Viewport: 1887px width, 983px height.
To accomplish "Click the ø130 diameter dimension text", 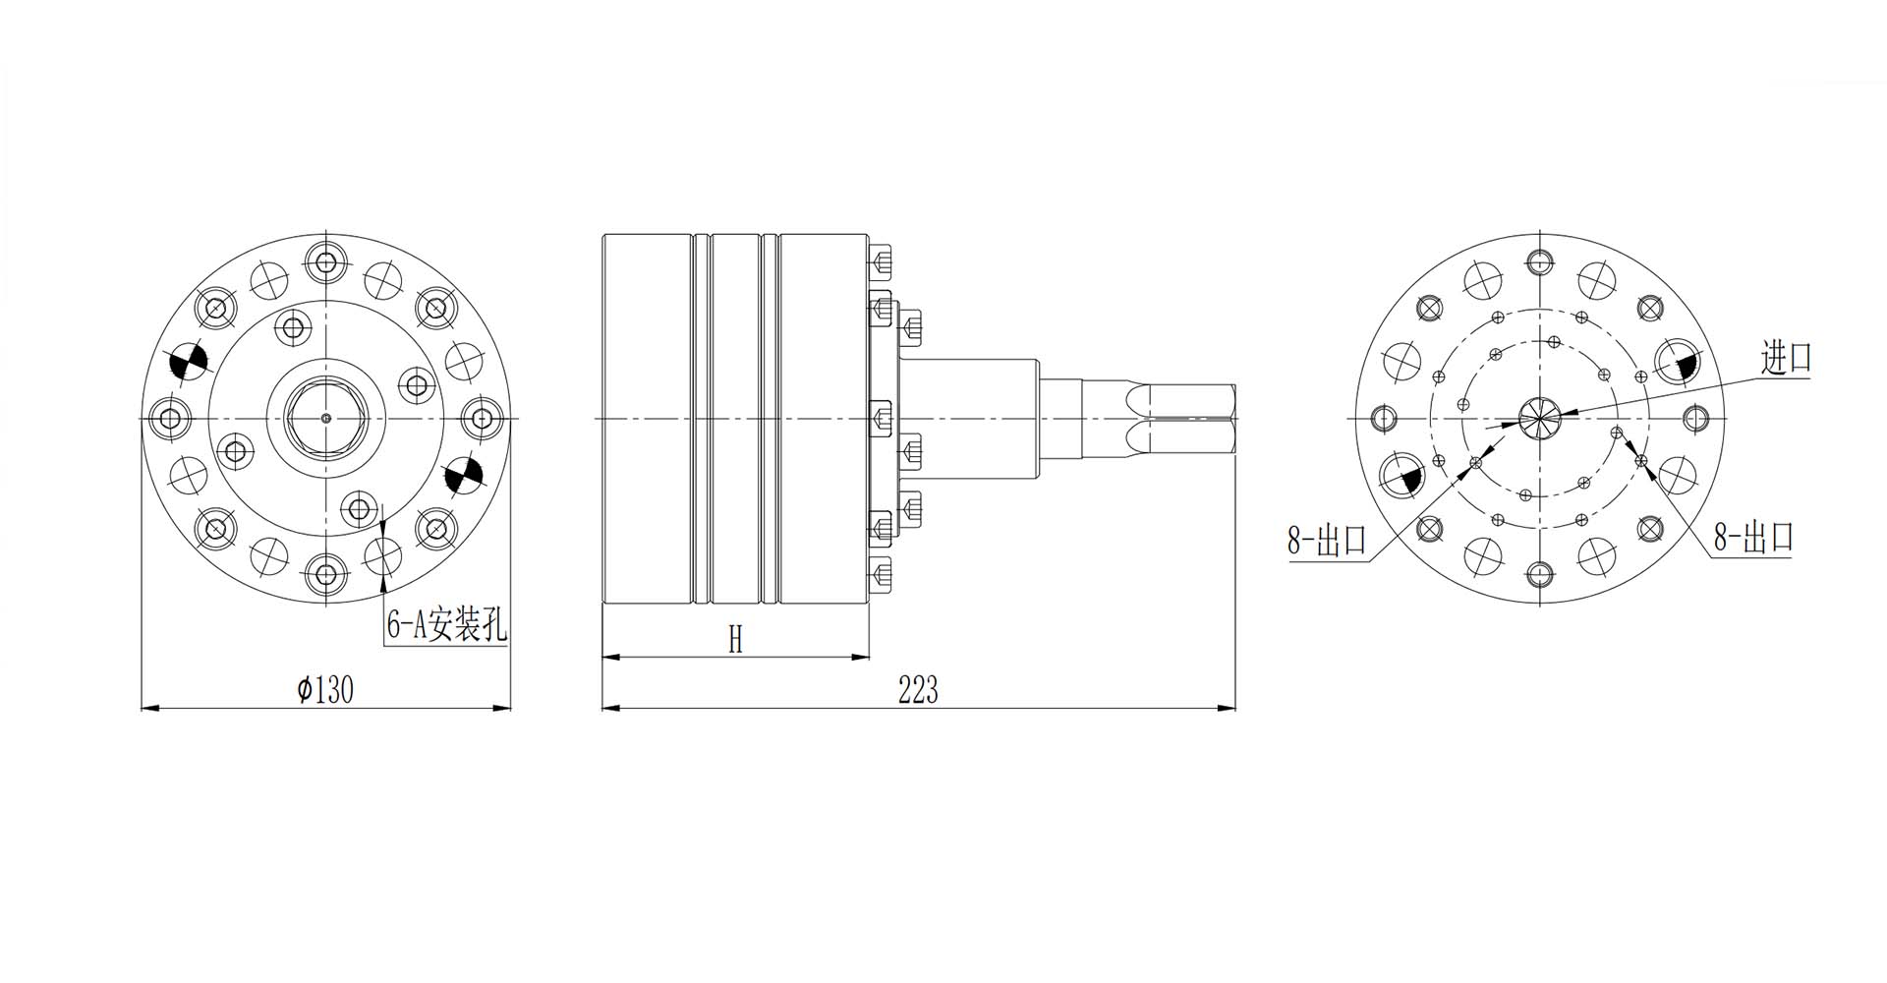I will tap(325, 690).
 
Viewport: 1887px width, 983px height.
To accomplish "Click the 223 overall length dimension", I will tap(918, 690).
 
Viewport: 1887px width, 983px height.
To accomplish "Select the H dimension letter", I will tap(735, 640).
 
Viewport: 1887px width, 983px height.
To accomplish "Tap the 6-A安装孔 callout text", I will tap(446, 625).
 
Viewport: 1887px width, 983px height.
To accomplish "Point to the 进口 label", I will tap(1786, 358).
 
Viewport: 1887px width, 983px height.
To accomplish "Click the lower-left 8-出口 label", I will tap(1327, 540).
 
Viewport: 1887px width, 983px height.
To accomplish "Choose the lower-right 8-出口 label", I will tap(1753, 537).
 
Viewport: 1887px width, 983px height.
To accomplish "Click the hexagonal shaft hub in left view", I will tap(326, 418).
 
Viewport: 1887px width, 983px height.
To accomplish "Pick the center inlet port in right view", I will tap(1538, 418).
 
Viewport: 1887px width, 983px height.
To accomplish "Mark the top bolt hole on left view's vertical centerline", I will tap(326, 261).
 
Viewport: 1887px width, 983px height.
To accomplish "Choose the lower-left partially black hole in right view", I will tap(1401, 475).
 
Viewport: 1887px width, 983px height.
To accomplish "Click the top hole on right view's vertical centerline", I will tap(1538, 261).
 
